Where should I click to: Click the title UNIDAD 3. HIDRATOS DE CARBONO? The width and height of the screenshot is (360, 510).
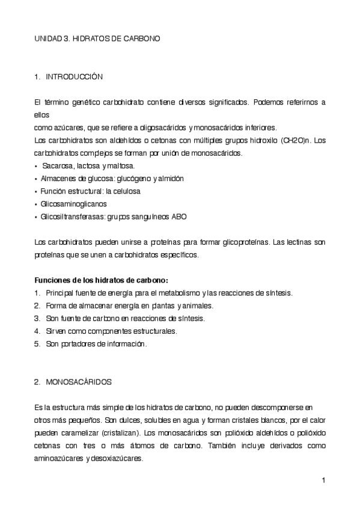pyautogui.click(x=97, y=38)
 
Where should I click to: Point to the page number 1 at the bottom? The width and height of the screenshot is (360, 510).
pyautogui.click(x=323, y=480)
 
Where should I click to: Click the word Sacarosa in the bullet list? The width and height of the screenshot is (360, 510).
pyautogui.click(x=56, y=165)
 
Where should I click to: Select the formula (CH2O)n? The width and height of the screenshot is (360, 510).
pyautogui.click(x=296, y=141)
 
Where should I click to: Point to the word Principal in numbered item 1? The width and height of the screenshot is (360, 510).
pyautogui.click(x=60, y=293)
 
